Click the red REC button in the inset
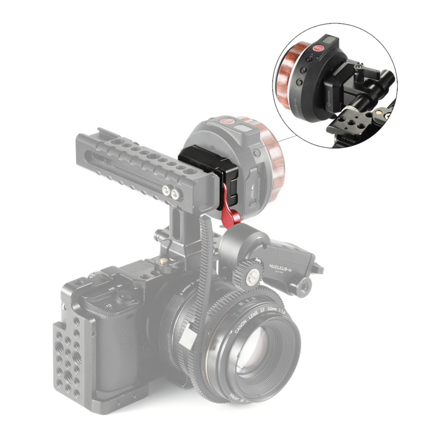pyautogui.click(x=318, y=48)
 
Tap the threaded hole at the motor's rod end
pyautogui.click(x=304, y=283)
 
